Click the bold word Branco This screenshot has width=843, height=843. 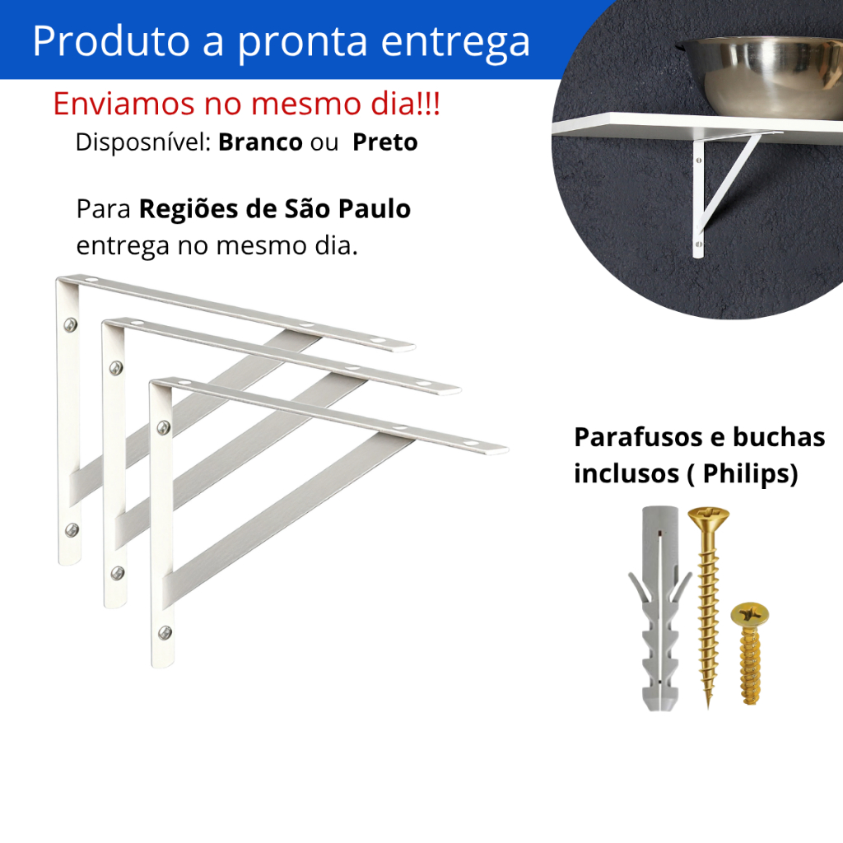click(260, 142)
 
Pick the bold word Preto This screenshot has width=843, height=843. click(384, 142)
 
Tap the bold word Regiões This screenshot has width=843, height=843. click(191, 210)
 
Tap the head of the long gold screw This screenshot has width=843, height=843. click(707, 519)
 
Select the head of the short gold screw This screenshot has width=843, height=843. click(748, 614)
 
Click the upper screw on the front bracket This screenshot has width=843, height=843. click(164, 427)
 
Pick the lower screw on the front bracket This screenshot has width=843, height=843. click(165, 632)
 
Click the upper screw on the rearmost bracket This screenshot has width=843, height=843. click(70, 324)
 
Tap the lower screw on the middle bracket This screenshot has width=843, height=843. click(119, 571)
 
